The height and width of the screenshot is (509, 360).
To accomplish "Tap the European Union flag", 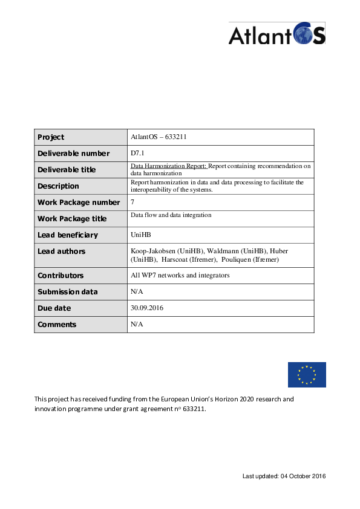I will [x=307, y=375].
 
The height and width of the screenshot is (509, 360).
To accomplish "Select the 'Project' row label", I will [x=51, y=137].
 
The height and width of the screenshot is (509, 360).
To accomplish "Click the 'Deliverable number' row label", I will [x=73, y=154].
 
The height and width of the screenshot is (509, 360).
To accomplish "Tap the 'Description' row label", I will [x=58, y=186].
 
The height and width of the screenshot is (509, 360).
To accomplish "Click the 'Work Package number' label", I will [x=79, y=203].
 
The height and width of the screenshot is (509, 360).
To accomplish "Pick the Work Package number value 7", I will [x=133, y=203].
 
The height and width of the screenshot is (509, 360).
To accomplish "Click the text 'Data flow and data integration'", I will [x=171, y=215].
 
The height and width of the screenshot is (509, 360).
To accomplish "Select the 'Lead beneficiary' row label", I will [x=68, y=235].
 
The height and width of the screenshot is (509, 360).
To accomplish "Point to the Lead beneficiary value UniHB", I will [x=141, y=235].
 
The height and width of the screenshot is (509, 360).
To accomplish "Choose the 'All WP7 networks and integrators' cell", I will [x=180, y=276].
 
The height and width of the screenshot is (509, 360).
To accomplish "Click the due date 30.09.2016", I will [x=147, y=308].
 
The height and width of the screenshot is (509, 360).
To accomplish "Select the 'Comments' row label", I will [x=57, y=325].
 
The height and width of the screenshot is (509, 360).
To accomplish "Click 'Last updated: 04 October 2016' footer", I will [x=284, y=476].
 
